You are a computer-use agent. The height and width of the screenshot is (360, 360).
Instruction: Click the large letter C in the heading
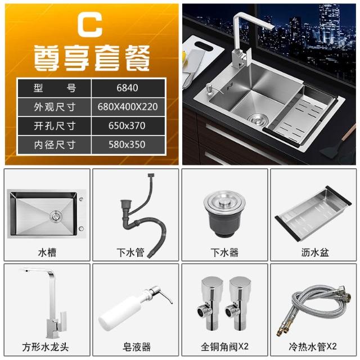(90, 25)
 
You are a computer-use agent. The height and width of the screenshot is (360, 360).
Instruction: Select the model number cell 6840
(127, 88)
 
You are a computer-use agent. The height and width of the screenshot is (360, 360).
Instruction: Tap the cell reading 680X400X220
(128, 107)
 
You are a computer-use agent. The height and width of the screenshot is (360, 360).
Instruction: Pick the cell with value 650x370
(127, 126)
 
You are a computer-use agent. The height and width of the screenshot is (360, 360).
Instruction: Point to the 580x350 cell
(127, 145)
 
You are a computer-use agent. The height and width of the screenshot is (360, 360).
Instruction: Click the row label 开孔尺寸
(55, 126)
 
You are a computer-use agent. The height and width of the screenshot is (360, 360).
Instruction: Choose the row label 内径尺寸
(55, 145)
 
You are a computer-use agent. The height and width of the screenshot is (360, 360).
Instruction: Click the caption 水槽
(47, 253)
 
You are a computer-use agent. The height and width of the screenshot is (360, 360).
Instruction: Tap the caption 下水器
(224, 253)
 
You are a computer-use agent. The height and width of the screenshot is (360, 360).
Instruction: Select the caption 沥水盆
(315, 253)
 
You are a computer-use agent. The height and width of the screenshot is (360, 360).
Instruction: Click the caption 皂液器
(136, 347)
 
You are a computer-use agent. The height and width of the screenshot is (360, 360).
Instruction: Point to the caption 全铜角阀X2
(224, 346)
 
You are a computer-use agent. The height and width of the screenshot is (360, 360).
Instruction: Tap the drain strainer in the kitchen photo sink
(256, 118)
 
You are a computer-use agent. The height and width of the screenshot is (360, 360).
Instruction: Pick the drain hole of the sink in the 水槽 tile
(56, 216)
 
